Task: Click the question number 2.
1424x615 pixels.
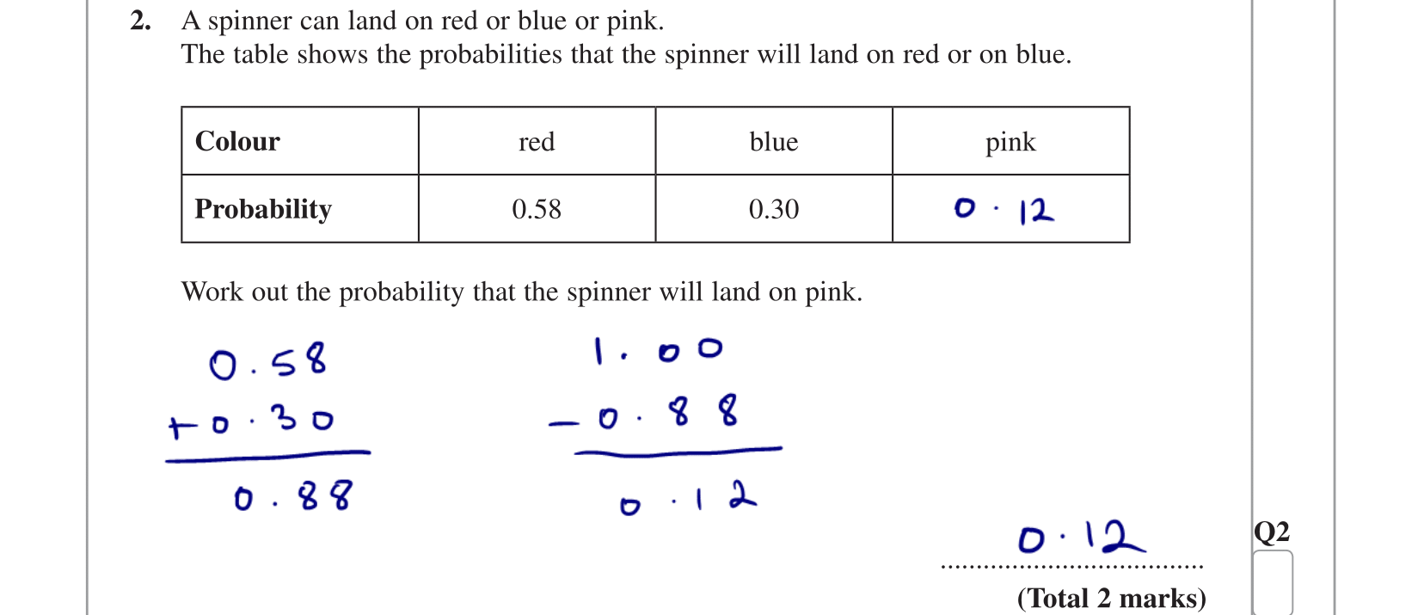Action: (140, 21)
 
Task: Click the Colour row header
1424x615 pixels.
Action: (237, 141)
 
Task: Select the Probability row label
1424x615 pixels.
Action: (263, 209)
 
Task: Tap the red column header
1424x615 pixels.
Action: (537, 142)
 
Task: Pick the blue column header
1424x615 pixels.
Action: (774, 142)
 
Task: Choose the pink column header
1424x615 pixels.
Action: (1010, 143)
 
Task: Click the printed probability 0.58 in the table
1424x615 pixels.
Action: (537, 209)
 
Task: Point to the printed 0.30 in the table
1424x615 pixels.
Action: (774, 209)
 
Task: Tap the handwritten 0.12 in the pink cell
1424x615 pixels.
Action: (1004, 210)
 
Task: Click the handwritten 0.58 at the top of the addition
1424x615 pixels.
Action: (268, 361)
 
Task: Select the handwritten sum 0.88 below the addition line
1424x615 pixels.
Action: (292, 497)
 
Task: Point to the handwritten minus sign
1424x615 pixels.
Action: (563, 423)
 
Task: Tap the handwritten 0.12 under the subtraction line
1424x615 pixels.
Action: (688, 499)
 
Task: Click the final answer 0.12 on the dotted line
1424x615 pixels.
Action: (1081, 538)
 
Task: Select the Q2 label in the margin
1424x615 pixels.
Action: (1271, 532)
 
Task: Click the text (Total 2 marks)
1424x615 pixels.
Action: (1111, 598)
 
